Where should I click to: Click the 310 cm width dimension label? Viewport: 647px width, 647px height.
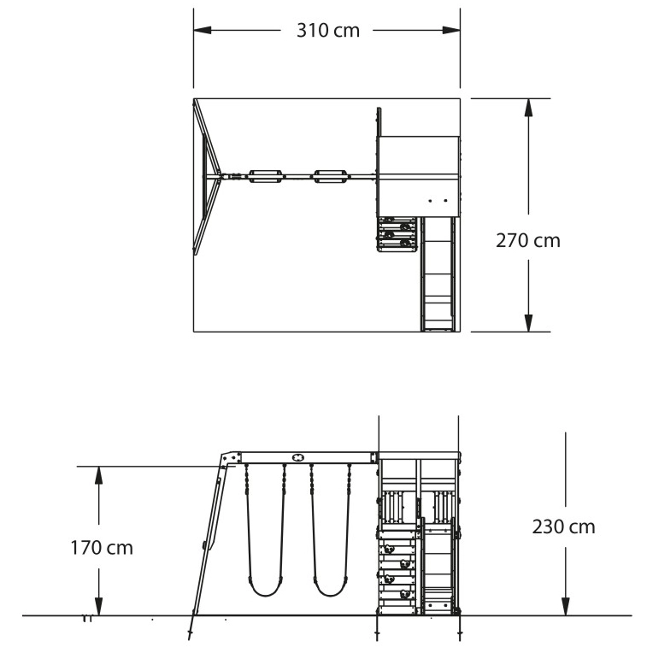tap(328, 31)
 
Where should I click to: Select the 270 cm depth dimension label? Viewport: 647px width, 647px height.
tap(527, 240)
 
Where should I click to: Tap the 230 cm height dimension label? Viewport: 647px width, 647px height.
tap(563, 527)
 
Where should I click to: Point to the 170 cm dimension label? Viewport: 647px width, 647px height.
tap(102, 548)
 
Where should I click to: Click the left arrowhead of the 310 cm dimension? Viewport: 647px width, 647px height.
tap(203, 30)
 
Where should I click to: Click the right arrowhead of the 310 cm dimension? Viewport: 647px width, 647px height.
tap(451, 30)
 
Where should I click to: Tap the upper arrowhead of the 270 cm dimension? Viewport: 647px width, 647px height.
tap(528, 108)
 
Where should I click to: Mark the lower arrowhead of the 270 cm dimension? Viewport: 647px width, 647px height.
tap(528, 323)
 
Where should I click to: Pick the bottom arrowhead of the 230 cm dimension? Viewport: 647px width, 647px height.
tap(566, 607)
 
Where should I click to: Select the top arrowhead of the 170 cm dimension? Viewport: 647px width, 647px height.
tap(98, 475)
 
